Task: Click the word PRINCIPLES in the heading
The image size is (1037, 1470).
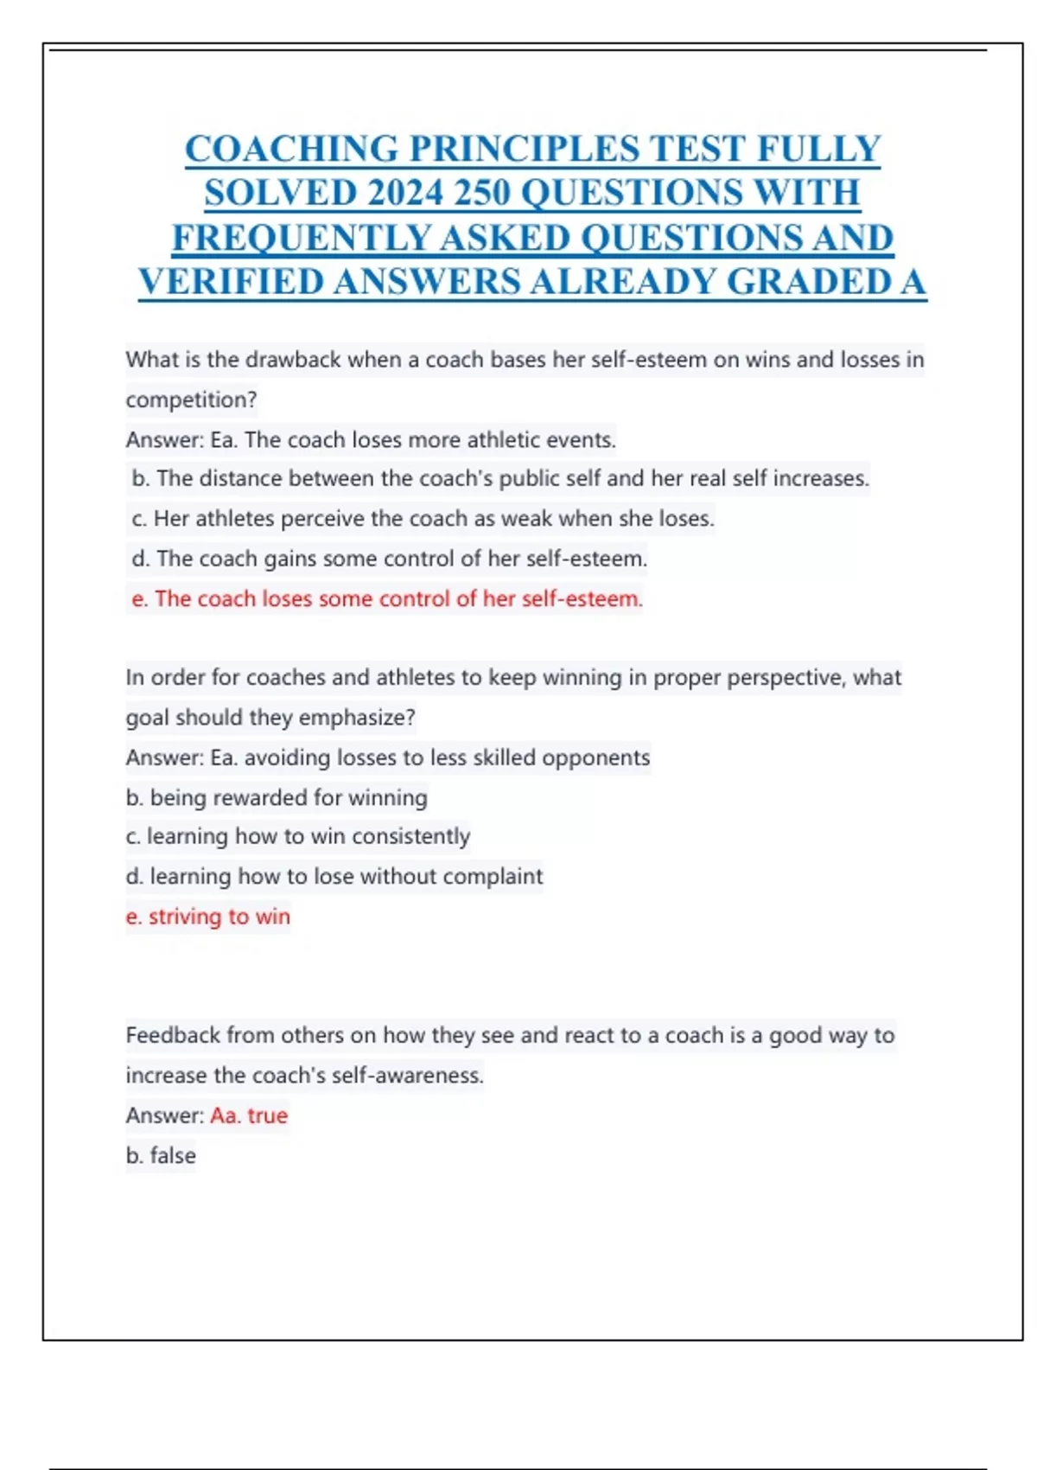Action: pyautogui.click(x=525, y=149)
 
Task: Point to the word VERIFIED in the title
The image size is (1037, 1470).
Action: pyautogui.click(x=230, y=282)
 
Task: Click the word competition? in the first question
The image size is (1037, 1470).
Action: pyautogui.click(x=191, y=399)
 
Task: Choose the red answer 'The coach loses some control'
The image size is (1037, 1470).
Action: pyautogui.click(x=387, y=598)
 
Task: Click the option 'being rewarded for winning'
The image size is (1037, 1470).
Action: pyautogui.click(x=277, y=797)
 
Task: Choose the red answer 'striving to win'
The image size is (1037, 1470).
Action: pyautogui.click(x=208, y=917)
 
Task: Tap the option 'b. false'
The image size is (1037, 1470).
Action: pyautogui.click(x=161, y=1155)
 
